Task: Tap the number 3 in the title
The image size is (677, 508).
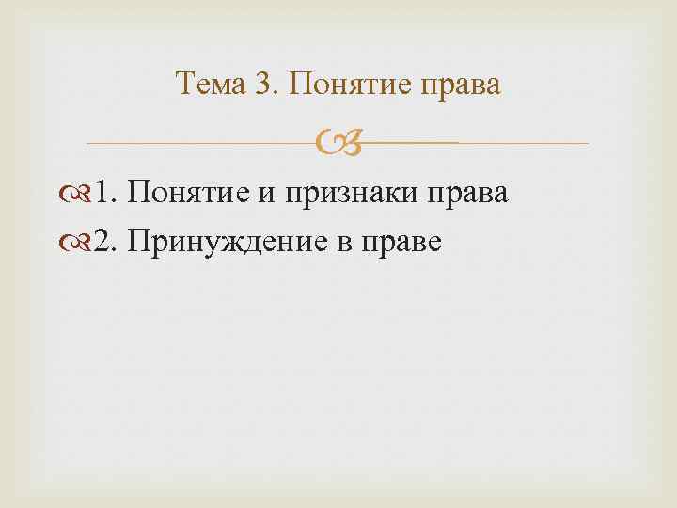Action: [x=261, y=86]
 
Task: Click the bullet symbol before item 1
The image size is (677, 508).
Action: [x=83, y=196]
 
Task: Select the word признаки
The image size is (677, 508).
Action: [x=349, y=196]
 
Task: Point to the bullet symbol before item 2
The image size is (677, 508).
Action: [x=83, y=244]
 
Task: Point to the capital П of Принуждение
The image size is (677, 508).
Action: [x=138, y=242]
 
